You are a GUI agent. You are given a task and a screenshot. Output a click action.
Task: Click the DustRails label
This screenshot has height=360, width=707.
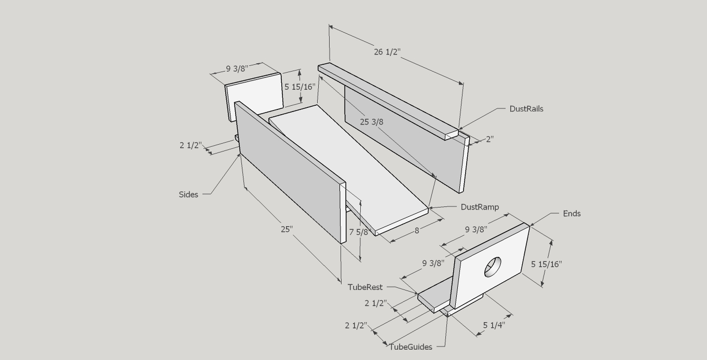[526, 109]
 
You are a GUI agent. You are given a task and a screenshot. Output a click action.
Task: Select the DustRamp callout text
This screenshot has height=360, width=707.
[480, 207]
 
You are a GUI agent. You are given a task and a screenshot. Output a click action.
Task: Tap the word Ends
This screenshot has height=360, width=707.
[572, 214]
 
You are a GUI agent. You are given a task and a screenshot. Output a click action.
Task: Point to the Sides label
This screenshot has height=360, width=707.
[188, 195]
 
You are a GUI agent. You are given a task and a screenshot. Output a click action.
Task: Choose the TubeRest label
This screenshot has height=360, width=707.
[365, 287]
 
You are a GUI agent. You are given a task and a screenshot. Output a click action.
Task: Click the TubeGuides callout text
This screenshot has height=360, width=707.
[411, 347]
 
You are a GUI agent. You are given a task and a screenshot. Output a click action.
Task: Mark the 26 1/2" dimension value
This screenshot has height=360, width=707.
[387, 52]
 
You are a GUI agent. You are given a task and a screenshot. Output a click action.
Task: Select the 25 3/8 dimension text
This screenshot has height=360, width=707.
[372, 122]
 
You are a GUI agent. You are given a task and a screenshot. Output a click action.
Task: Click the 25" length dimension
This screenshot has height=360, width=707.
[287, 229]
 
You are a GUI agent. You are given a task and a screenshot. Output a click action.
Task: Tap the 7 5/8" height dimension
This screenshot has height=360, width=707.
[359, 232]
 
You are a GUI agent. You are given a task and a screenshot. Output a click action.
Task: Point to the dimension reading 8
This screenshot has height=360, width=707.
[417, 231]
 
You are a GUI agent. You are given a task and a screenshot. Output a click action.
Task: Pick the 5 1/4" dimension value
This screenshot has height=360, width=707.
[494, 325]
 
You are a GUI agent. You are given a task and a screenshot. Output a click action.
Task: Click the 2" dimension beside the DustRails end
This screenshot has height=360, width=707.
[490, 139]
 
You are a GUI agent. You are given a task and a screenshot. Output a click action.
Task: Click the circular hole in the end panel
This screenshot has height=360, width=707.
[493, 267]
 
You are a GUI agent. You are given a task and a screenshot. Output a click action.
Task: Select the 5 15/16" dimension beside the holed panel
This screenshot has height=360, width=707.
[547, 264]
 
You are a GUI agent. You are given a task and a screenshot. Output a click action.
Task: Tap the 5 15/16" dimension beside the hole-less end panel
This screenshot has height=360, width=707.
[300, 87]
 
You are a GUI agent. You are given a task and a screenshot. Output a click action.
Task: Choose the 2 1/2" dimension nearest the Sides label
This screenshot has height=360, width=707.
[191, 145]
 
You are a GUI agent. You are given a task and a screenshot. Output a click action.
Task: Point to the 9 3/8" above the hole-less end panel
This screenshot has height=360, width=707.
[237, 69]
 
